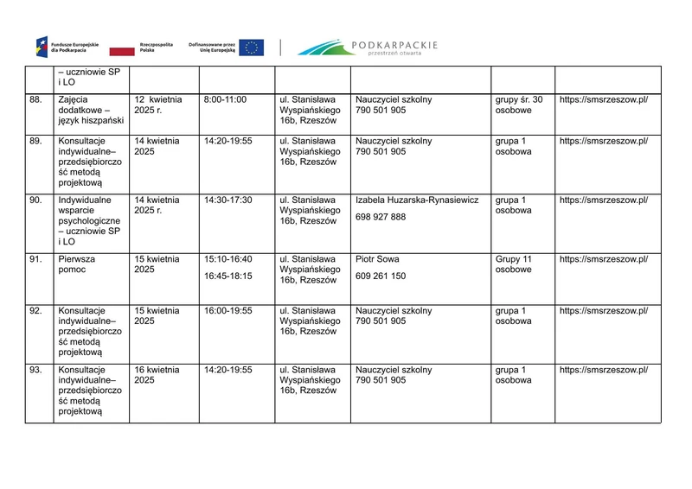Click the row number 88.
(35, 100)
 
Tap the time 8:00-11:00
(225, 100)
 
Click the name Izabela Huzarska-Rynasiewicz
(417, 200)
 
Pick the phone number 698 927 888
(381, 217)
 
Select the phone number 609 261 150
(381, 276)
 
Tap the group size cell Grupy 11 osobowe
(513, 264)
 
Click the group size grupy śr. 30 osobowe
(518, 105)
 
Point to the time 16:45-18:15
(228, 276)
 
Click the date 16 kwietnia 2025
(157, 375)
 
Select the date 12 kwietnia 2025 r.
(158, 105)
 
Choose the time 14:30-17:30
(228, 200)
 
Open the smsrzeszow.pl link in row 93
(603, 370)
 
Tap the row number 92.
(35, 311)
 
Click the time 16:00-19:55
(228, 311)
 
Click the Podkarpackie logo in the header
(368, 47)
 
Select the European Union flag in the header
(252, 48)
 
